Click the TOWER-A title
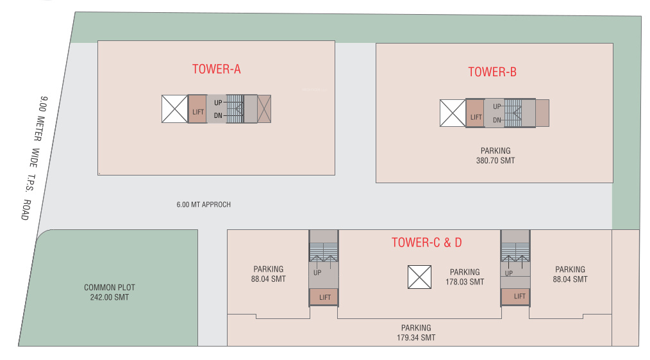(x=216, y=69)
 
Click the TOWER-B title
(x=492, y=72)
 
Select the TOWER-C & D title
(x=426, y=242)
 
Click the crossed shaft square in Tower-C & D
(x=420, y=277)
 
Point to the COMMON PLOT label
(x=110, y=288)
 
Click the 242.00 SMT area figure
(x=110, y=297)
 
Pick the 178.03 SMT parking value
(x=465, y=282)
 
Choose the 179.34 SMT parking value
(x=416, y=338)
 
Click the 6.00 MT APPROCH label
(x=203, y=205)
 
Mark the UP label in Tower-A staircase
(x=218, y=102)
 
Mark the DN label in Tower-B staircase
(x=497, y=120)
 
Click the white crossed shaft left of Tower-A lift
(x=174, y=109)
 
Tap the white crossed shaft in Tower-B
(x=452, y=113)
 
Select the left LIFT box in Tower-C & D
(x=324, y=297)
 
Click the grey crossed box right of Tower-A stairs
(x=264, y=109)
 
